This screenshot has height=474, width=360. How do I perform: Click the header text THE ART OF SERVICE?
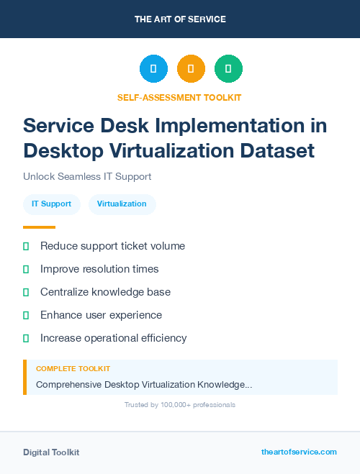180,19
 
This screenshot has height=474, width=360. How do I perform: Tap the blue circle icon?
153,69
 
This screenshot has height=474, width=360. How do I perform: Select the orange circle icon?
191,69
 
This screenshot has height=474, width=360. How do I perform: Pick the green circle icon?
228,69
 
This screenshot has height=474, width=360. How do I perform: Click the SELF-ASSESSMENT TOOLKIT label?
180,97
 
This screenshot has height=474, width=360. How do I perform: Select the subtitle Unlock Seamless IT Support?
87,176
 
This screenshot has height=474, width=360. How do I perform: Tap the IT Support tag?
51,204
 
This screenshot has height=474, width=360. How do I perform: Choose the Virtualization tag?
122,204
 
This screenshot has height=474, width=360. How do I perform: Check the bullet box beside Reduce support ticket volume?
26,246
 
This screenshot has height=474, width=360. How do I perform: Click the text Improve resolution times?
99,269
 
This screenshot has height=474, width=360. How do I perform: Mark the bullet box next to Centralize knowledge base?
26,292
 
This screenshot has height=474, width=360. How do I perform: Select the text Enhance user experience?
101,315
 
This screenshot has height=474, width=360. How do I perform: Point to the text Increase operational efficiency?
113,338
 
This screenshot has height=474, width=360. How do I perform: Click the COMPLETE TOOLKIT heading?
73,368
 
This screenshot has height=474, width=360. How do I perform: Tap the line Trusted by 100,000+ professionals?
180,405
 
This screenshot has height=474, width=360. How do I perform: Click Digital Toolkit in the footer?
51,452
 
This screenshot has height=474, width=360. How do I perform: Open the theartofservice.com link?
299,452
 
